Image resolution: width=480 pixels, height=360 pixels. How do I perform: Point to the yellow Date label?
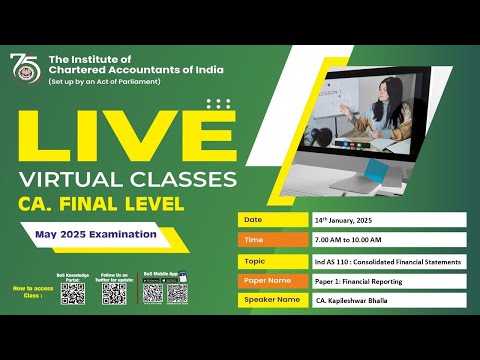tap(272, 219)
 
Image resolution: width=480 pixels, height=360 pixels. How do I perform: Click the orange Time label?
tap(272, 240)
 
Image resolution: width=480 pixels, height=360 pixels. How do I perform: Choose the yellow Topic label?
tap(272, 261)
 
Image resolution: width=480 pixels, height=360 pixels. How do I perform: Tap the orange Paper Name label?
tap(272, 281)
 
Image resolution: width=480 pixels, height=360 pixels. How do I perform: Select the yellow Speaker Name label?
tap(272, 302)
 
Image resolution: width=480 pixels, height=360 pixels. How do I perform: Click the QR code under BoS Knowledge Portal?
tap(72, 294)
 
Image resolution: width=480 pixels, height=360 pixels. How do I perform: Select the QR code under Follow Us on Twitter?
tap(114, 294)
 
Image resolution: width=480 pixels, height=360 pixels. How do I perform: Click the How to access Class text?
tap(27, 291)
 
